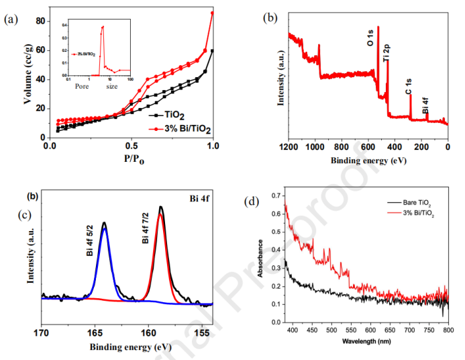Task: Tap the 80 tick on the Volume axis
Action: (40, 21)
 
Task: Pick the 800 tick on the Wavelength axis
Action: (448, 331)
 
